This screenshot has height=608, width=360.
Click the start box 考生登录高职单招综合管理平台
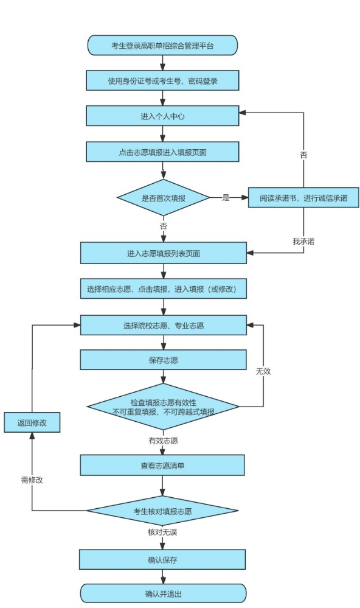coord(162,46)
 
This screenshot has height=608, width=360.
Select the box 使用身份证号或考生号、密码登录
coord(162,81)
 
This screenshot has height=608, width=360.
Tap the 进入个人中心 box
coord(162,116)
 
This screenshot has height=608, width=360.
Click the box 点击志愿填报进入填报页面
coord(162,152)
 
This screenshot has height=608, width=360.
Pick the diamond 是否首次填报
coord(164,198)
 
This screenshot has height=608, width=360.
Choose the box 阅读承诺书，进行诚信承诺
coord(303,198)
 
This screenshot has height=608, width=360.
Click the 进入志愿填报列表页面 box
coord(164,253)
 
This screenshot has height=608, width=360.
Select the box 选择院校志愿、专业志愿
coord(164,326)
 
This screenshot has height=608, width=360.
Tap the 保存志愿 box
coord(163,360)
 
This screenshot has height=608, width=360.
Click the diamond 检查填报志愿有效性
coord(163,407)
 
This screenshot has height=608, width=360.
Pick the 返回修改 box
coord(32,422)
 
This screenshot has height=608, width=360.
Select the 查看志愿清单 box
coord(162,466)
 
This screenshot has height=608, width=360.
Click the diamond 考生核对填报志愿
coord(162,511)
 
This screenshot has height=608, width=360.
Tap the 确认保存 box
coord(162,559)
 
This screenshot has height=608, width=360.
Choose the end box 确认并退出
coord(163,593)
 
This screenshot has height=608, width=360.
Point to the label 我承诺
coord(303,241)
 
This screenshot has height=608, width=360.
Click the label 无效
coord(263,371)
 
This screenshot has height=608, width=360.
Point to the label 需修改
coord(32,480)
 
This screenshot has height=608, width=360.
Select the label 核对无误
coord(162,532)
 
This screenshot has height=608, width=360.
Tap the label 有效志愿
coord(163,441)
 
